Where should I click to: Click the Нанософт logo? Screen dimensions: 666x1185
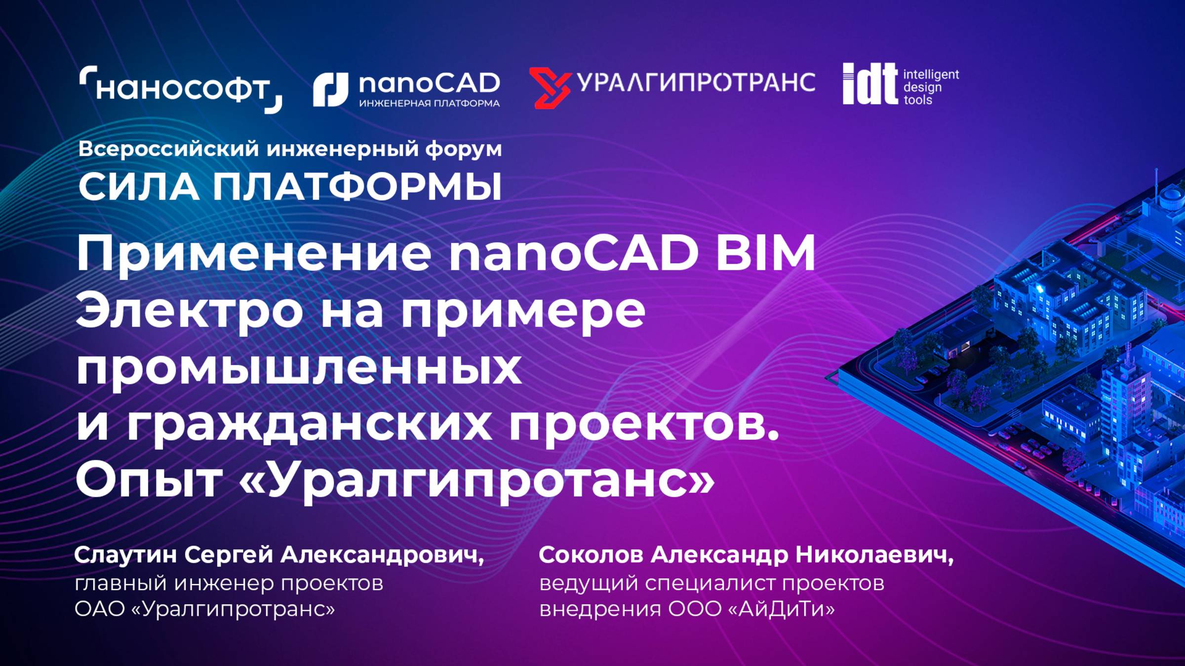click(x=181, y=89)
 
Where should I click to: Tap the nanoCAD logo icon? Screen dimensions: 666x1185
click(x=330, y=89)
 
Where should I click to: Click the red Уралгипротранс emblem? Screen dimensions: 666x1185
click(x=550, y=88)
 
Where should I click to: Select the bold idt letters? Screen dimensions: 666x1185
click(x=869, y=84)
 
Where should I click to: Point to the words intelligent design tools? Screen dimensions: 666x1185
click(x=930, y=87)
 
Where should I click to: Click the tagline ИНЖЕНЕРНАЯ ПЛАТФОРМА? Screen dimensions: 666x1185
click(x=429, y=104)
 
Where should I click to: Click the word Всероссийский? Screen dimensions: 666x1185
click(x=168, y=148)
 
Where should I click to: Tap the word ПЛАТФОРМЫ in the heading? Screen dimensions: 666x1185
click(x=357, y=187)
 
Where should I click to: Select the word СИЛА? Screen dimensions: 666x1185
click(x=138, y=187)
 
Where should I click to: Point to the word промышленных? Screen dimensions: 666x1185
click(x=298, y=369)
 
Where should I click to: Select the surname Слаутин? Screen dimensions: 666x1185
click(x=125, y=555)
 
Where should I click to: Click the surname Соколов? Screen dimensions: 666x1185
click(x=591, y=555)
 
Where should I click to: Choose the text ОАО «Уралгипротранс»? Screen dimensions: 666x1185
click(x=204, y=609)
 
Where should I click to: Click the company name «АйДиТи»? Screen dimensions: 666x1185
click(x=781, y=609)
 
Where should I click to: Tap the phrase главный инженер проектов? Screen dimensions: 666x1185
click(x=229, y=584)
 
